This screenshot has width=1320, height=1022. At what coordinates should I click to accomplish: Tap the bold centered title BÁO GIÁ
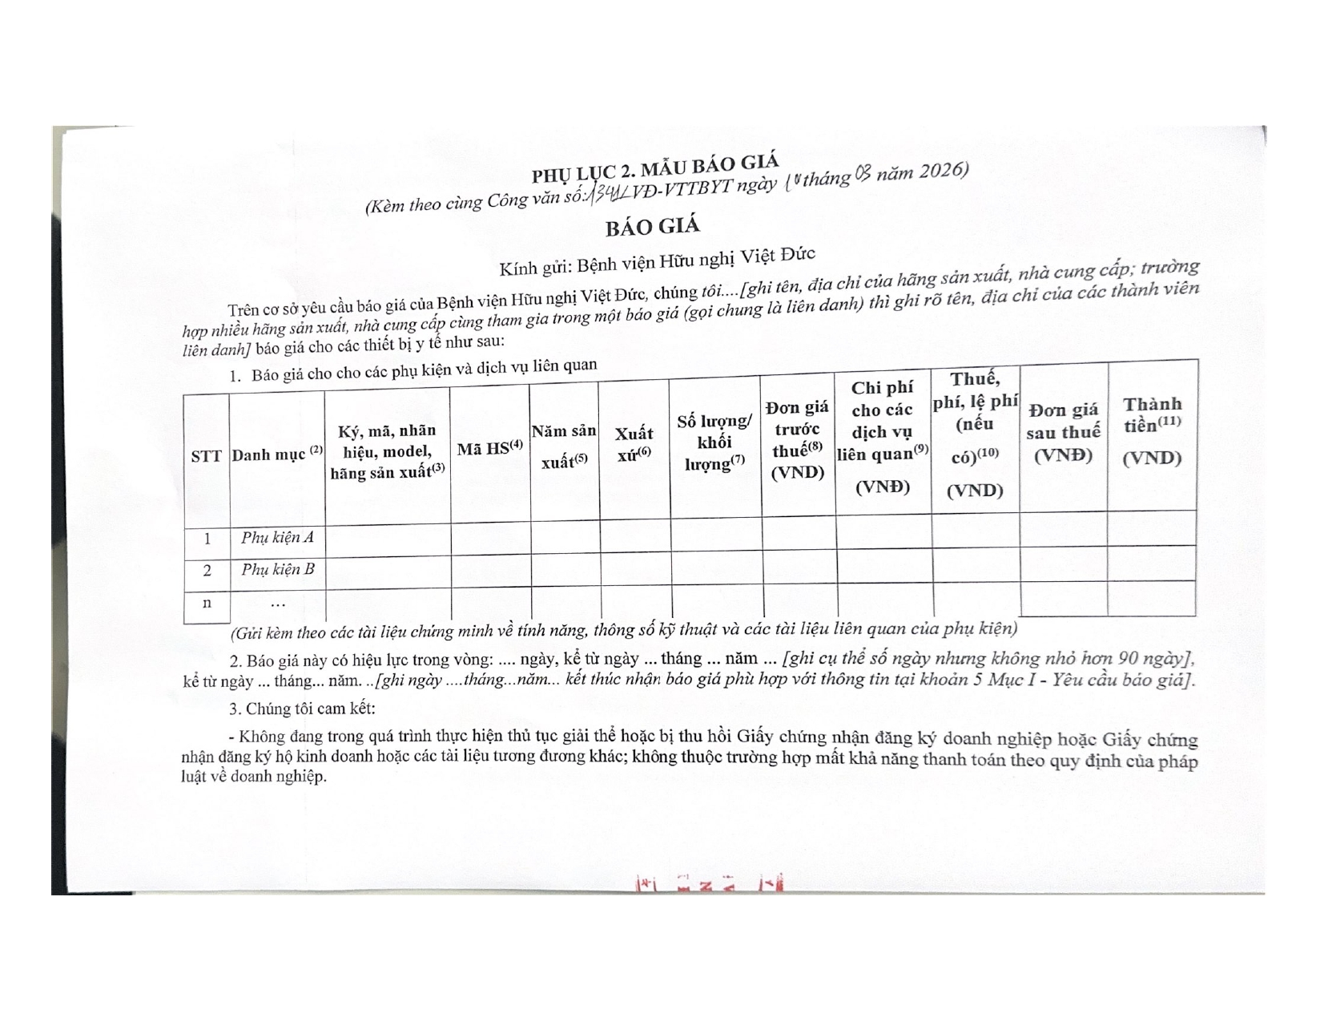pyautogui.click(x=652, y=227)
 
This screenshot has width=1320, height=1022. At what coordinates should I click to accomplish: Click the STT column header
pyautogui.click(x=206, y=456)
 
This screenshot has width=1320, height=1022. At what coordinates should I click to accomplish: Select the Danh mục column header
pyautogui.click(x=277, y=454)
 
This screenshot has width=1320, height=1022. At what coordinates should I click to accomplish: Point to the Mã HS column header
pyautogui.click(x=489, y=448)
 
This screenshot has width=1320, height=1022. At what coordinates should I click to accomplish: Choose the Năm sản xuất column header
pyautogui.click(x=564, y=446)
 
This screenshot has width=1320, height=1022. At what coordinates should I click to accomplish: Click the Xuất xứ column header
pyautogui.click(x=634, y=443)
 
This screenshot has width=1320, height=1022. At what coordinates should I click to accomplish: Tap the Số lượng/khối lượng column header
pyautogui.click(x=715, y=442)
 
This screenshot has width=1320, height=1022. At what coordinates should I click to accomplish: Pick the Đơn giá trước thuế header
pyautogui.click(x=797, y=440)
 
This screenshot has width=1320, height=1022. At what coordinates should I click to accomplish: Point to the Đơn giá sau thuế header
pyautogui.click(x=1063, y=432)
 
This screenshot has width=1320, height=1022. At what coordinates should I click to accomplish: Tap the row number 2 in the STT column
pyautogui.click(x=207, y=571)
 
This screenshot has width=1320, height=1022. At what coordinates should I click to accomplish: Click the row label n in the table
pyautogui.click(x=207, y=602)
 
